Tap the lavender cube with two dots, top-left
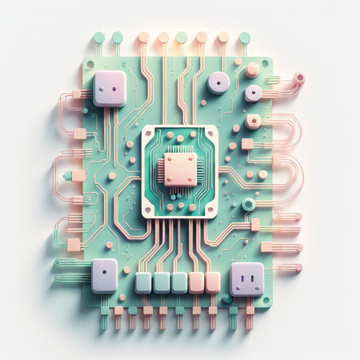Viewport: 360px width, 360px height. coord(110,88)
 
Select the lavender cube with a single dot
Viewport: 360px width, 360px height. coord(104,275)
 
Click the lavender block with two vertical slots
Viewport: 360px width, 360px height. coord(247,278)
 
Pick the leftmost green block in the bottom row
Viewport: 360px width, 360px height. coord(144,282)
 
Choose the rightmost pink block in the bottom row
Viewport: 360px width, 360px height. coord(213,282)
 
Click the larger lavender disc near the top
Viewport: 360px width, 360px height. coord(218,82)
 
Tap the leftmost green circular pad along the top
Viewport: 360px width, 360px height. coord(99,37)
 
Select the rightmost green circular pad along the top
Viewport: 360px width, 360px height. coord(244,37)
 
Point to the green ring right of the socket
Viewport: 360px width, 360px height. coord(249,204)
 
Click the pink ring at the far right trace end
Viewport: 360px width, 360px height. coord(299,78)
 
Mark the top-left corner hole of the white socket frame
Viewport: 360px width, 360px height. coord(150,133)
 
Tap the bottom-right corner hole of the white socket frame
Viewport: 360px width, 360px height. coord(210,210)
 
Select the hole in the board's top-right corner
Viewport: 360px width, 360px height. coord(265,63)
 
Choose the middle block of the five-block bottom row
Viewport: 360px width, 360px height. coord(179,282)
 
